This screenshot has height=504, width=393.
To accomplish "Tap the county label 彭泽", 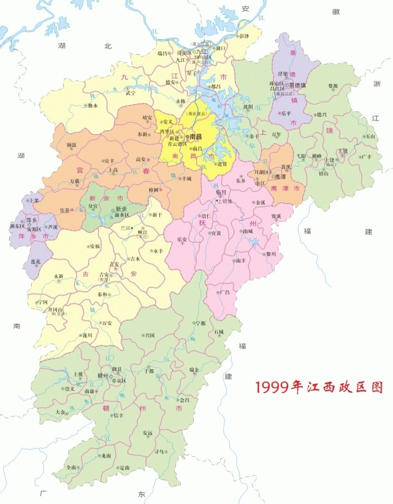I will click(245, 36).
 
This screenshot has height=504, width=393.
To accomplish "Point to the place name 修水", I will click(93, 105).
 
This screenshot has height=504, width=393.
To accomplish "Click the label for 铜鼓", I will click(71, 145).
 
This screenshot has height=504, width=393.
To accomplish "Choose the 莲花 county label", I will click(36, 262).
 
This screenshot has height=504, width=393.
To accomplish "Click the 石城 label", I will click(219, 333).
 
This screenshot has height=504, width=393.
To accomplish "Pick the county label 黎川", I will click(270, 254).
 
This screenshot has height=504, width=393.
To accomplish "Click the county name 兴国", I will click(149, 335).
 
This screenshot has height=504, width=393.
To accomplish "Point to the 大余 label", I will click(60, 412).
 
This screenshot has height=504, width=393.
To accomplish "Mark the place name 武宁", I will click(130, 94).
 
